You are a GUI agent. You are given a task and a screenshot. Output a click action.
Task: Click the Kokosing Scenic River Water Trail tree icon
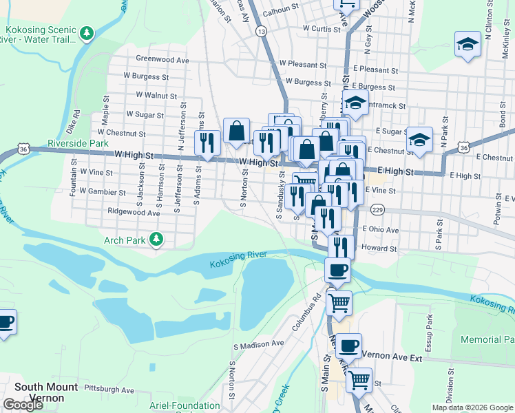point(87,32)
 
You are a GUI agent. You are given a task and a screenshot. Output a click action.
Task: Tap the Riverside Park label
point(78,144)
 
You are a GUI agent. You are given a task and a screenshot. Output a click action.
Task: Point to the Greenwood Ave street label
point(162,60)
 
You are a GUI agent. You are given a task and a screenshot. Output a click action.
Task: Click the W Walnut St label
point(156,96)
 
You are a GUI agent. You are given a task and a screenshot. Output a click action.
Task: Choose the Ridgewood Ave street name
point(133,213)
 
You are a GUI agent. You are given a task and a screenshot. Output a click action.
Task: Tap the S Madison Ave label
point(259,344)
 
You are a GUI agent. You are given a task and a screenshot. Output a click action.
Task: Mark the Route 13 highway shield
point(261,32)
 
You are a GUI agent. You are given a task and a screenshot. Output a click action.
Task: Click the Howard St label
point(379,248)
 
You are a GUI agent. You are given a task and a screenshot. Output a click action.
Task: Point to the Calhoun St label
point(280,11)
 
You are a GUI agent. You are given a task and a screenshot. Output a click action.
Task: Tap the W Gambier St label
point(103,192)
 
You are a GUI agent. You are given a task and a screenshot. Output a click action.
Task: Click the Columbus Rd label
point(307,313)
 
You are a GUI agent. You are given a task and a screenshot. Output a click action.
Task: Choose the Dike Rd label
point(77,121)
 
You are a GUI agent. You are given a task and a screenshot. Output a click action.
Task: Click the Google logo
point(23,404)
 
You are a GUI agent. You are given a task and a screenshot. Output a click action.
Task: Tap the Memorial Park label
point(487,340)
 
